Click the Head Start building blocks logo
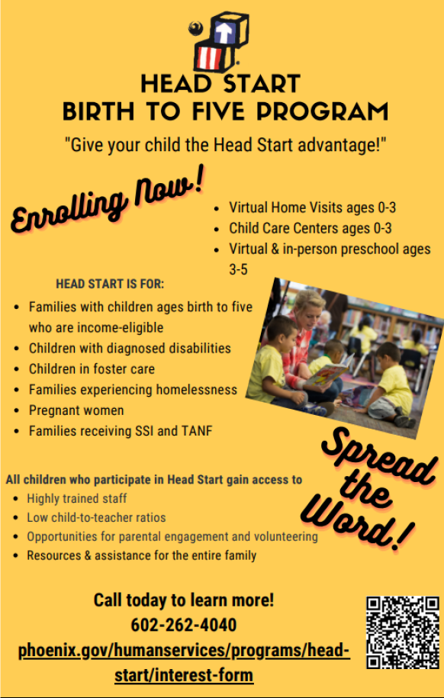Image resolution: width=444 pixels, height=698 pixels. (219, 42)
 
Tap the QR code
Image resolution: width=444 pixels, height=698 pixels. (403, 632)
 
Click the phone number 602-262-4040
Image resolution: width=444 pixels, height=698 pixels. (184, 625)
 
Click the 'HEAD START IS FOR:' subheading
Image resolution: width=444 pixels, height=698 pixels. (110, 284)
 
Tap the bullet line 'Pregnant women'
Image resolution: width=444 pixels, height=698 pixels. (76, 410)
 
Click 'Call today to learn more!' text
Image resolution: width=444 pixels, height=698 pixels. (184, 600)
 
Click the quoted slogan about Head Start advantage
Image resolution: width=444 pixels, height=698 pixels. (225, 145)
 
